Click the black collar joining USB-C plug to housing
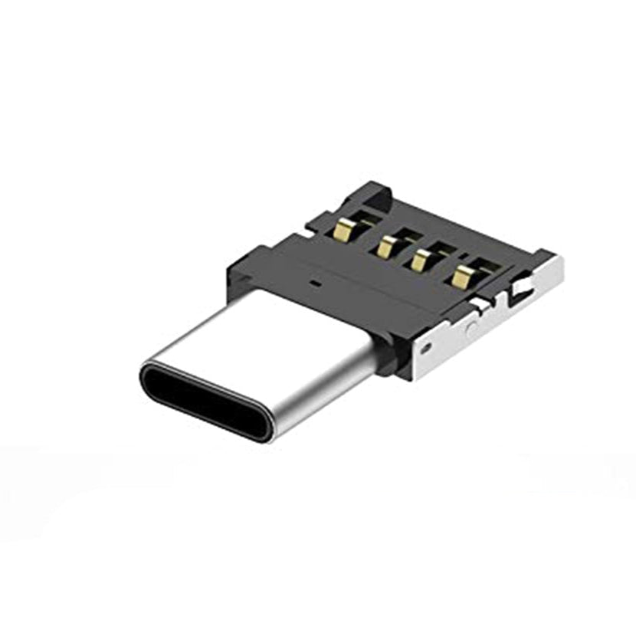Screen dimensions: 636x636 tap(383, 352)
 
